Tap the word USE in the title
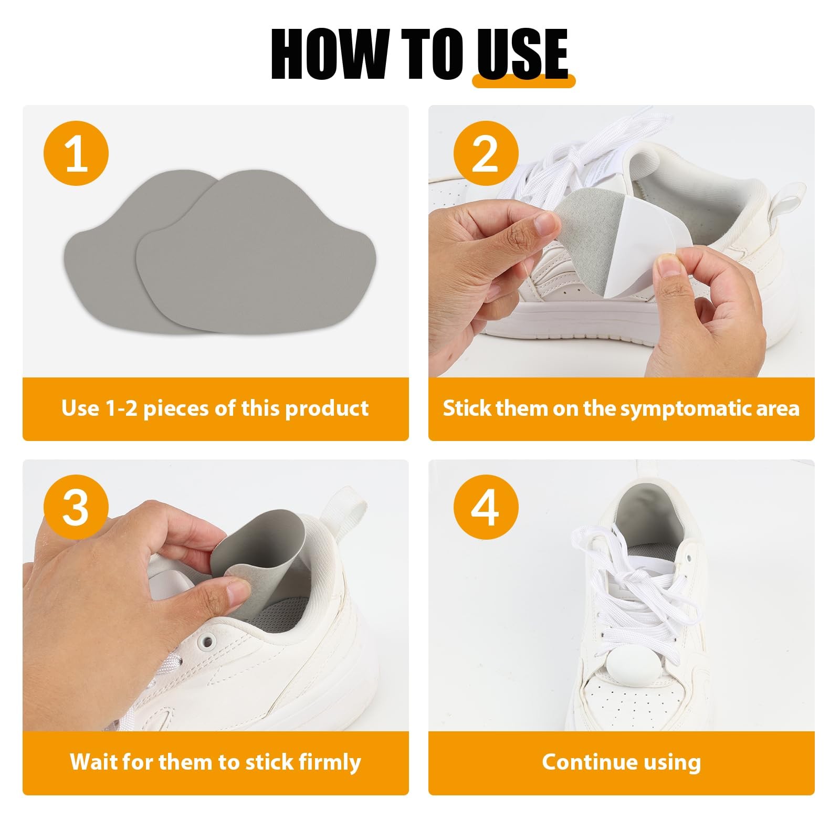(x=522, y=54)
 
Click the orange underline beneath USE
(x=524, y=81)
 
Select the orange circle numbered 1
(x=76, y=154)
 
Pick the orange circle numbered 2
(x=486, y=154)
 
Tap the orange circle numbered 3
(x=76, y=508)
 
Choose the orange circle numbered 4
(x=486, y=508)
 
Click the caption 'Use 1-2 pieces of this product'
(x=215, y=408)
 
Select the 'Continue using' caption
(x=622, y=762)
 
